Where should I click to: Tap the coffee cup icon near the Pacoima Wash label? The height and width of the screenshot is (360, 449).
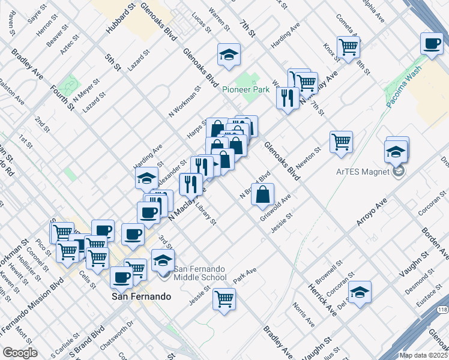pyautogui.click(x=432, y=44)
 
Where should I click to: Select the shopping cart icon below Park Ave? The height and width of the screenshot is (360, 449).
pyautogui.click(x=224, y=298)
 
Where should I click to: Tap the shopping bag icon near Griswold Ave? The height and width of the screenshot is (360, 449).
pyautogui.click(x=263, y=194)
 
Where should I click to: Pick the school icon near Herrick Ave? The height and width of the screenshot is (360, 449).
pyautogui.click(x=360, y=292)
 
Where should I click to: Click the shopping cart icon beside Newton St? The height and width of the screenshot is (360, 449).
pyautogui.click(x=341, y=142)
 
